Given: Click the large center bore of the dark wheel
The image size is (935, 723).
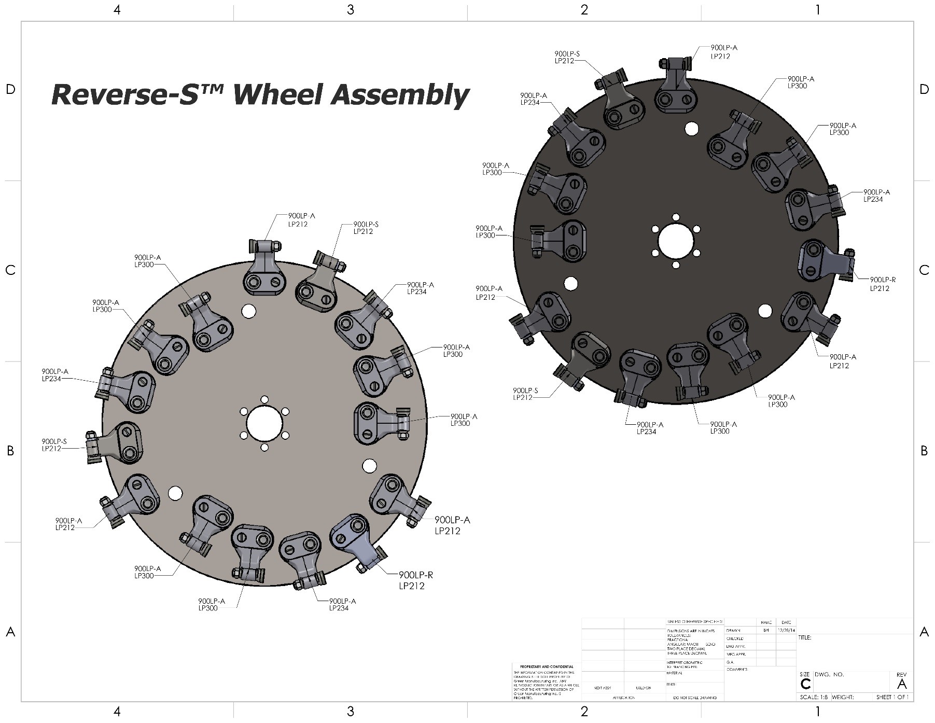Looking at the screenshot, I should click(x=676, y=241).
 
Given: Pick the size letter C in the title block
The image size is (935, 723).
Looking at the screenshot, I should click(x=805, y=684).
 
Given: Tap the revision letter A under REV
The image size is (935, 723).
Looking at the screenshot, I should click(x=902, y=684).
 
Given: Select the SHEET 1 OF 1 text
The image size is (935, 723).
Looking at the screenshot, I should click(x=892, y=697).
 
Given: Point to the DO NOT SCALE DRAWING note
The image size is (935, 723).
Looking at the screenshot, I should click(x=694, y=698).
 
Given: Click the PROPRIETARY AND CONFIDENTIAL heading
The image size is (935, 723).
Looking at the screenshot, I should click(x=543, y=666).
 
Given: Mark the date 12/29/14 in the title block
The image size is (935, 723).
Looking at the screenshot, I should click(x=786, y=631).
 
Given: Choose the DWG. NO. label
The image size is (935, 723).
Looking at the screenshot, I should click(x=829, y=674).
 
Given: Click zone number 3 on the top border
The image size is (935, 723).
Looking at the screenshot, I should click(x=351, y=10).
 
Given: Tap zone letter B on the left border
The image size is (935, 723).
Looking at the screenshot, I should click(x=10, y=451).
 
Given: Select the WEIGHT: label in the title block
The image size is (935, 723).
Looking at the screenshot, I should click(x=843, y=697).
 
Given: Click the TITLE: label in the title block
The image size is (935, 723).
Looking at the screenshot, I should click(x=805, y=637).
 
